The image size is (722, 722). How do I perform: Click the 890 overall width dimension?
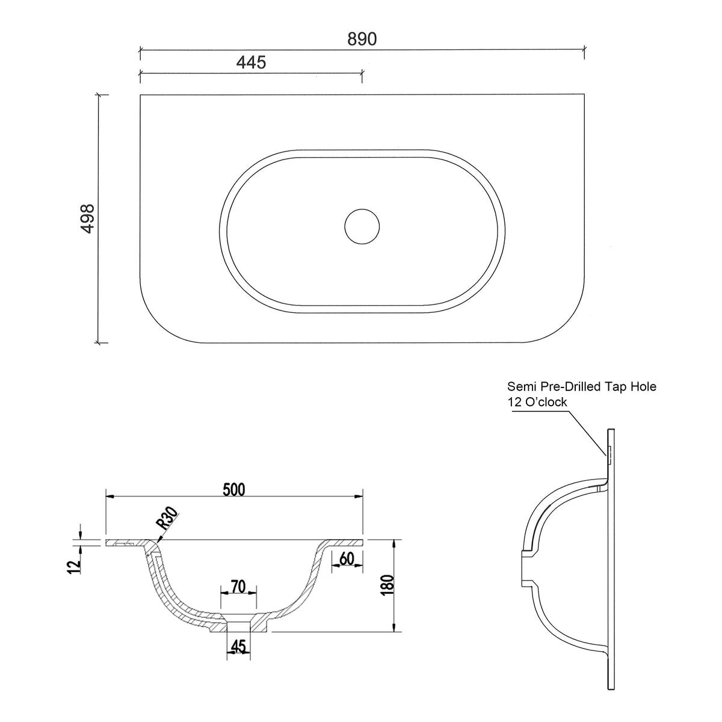(362, 39)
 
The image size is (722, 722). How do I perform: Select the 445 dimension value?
(251, 62)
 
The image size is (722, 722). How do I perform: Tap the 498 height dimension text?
(88, 219)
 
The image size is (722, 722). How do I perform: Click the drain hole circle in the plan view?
(362, 227)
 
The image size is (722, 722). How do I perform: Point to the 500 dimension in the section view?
(234, 490)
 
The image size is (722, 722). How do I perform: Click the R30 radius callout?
(167, 519)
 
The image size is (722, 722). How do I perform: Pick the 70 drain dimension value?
(238, 587)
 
